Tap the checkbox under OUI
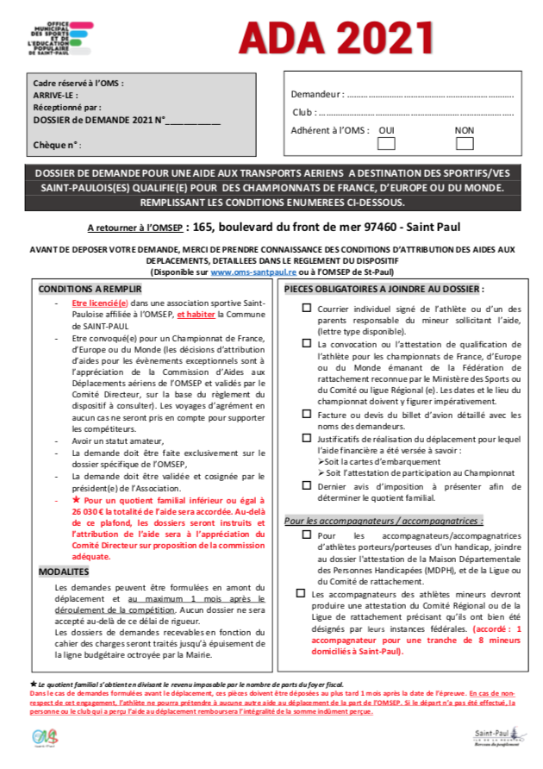(x=387, y=144)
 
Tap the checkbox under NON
(x=465, y=144)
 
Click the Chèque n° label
(x=57, y=145)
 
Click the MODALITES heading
(x=65, y=572)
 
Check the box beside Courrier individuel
(x=307, y=308)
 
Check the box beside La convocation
(x=307, y=343)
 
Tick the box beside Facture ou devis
(x=307, y=415)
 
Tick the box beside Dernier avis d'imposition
(x=307, y=486)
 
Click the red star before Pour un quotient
(x=76, y=499)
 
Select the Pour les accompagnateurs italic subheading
(x=384, y=521)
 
